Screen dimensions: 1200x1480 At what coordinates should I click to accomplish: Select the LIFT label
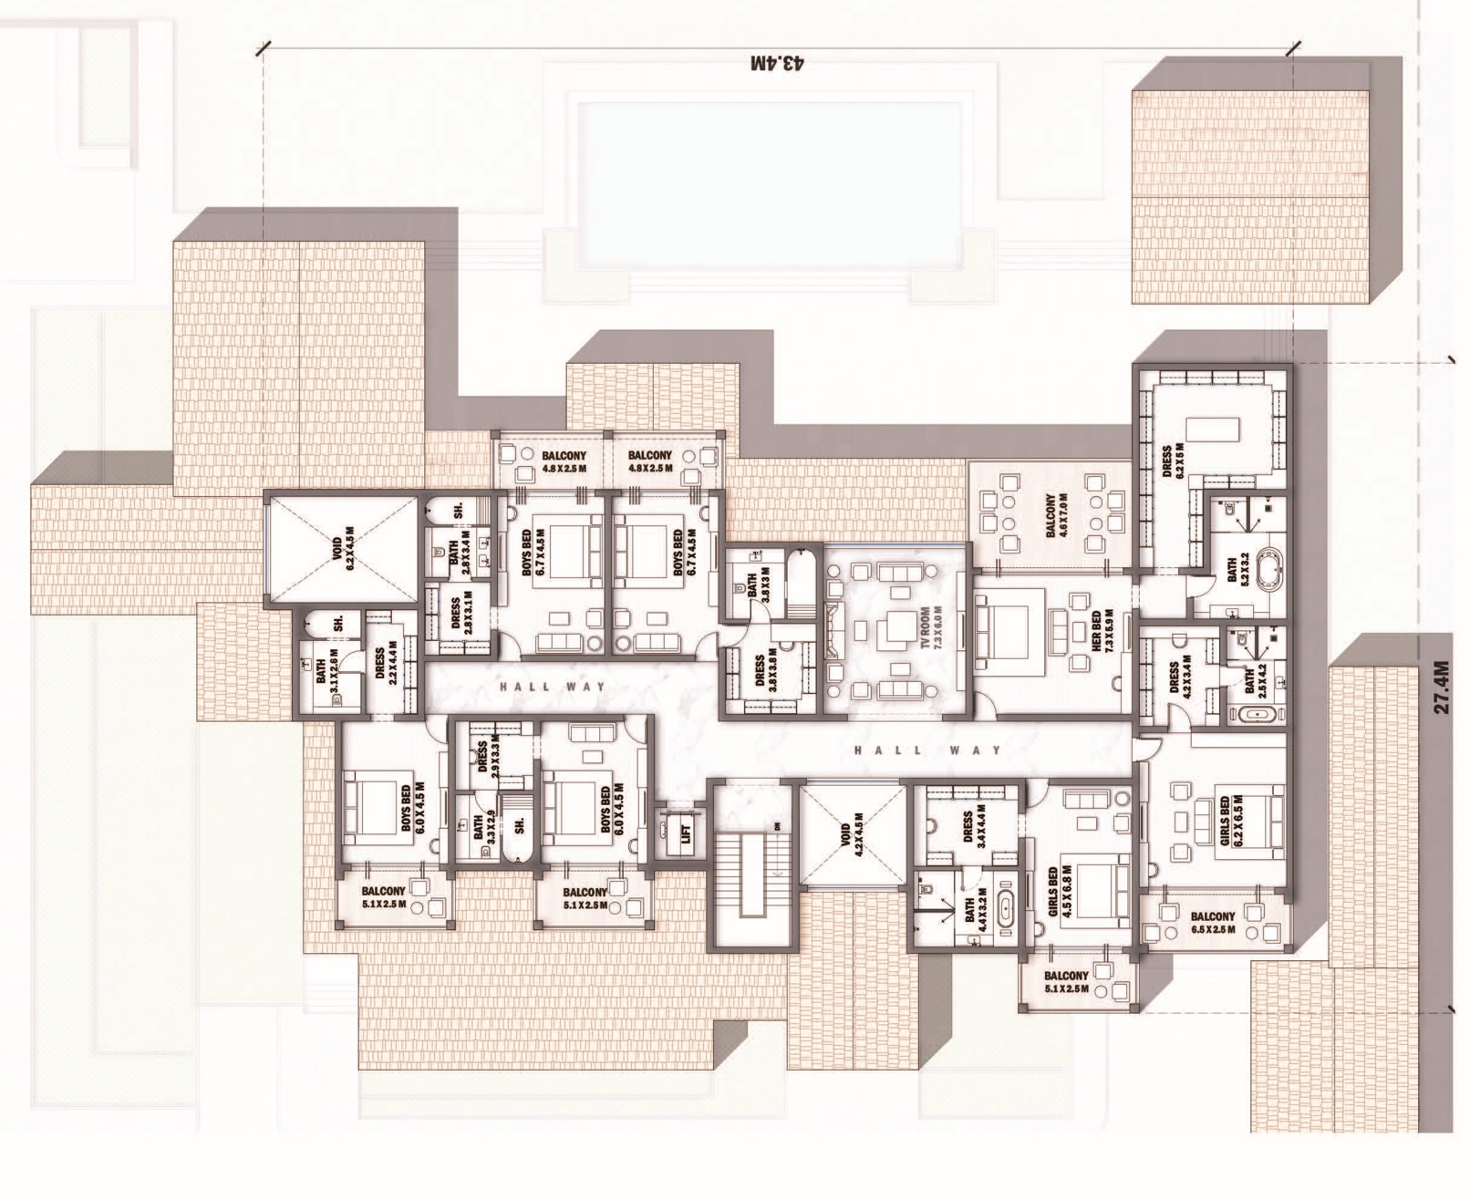coord(687,831)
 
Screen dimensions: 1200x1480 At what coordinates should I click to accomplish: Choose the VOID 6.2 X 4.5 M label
coord(348,548)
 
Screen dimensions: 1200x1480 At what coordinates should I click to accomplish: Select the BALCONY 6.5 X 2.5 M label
coord(1212,923)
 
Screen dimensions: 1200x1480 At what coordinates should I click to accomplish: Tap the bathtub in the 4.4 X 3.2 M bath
coord(1005,913)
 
